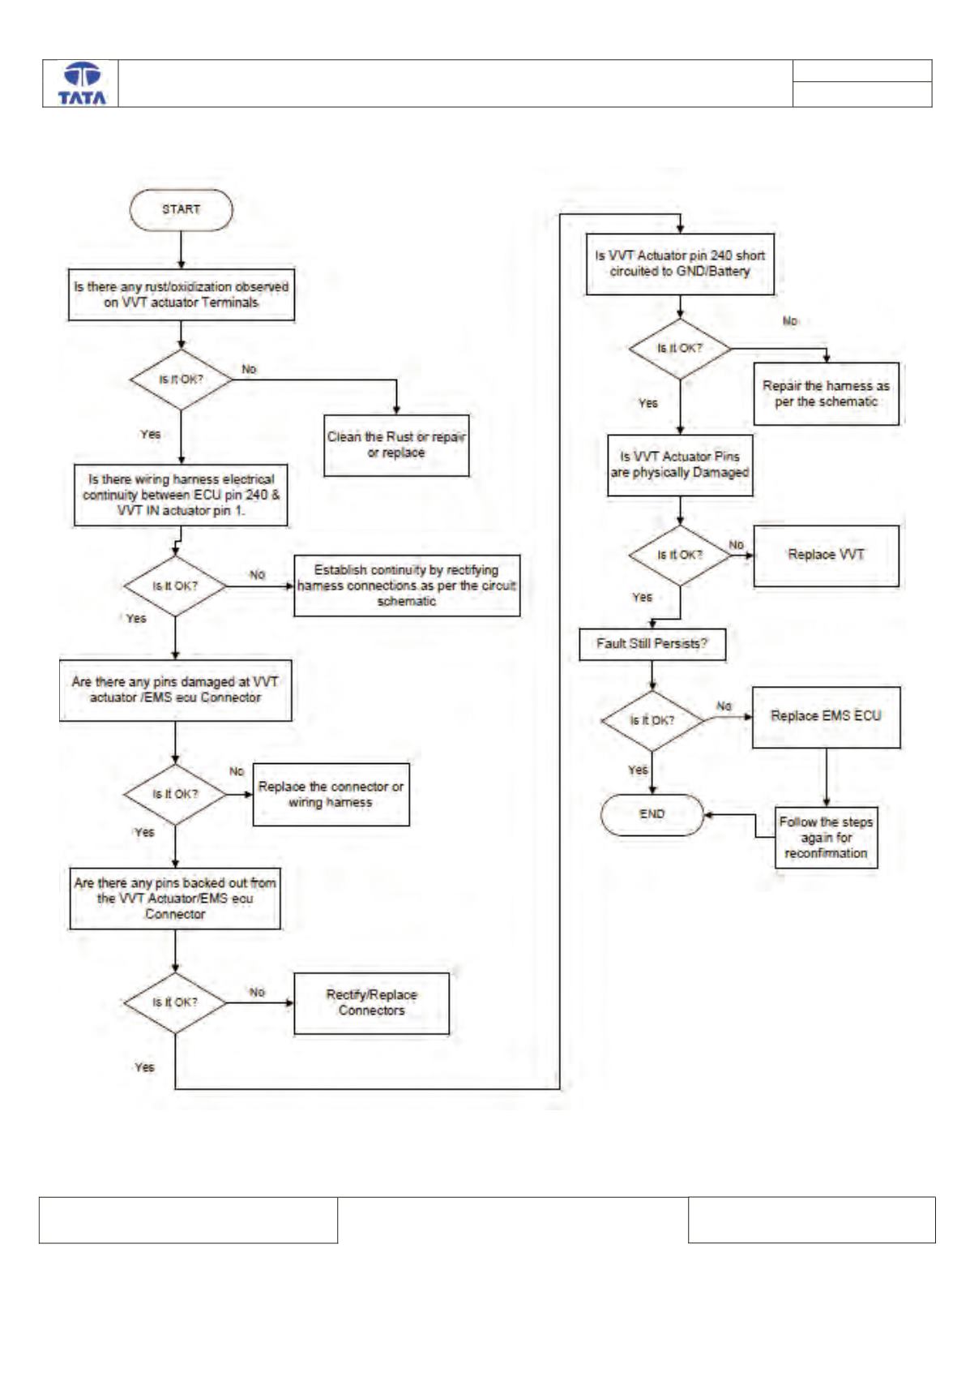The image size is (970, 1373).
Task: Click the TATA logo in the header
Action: click(x=82, y=84)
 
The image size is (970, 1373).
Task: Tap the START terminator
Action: click(x=182, y=209)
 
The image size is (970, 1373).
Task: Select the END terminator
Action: click(x=652, y=814)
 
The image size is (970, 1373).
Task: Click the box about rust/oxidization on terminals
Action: click(x=182, y=295)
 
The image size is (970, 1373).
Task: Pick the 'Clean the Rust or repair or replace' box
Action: click(x=396, y=445)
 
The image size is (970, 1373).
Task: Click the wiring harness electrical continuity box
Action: click(x=181, y=496)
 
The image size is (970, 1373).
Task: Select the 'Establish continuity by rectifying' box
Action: click(x=408, y=586)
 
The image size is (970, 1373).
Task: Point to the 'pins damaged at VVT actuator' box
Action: click(x=176, y=690)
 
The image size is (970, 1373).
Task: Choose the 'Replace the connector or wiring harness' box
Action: click(x=331, y=795)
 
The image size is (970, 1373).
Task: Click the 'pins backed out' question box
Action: click(x=175, y=899)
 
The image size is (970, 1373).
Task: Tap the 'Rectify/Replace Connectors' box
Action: click(x=372, y=1002)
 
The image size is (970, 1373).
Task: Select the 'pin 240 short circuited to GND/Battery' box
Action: click(x=681, y=264)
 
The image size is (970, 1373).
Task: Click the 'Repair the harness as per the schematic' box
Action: click(x=826, y=394)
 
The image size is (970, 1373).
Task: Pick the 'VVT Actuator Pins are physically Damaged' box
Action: click(x=681, y=466)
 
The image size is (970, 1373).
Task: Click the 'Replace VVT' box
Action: click(x=826, y=556)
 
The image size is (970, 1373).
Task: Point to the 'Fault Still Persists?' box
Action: click(x=653, y=644)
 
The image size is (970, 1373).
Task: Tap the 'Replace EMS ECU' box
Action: click(x=826, y=717)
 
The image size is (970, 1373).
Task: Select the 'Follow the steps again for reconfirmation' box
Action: click(x=826, y=838)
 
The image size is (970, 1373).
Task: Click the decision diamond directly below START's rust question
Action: click(x=182, y=380)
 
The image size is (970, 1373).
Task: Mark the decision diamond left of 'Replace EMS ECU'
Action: click(x=653, y=721)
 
